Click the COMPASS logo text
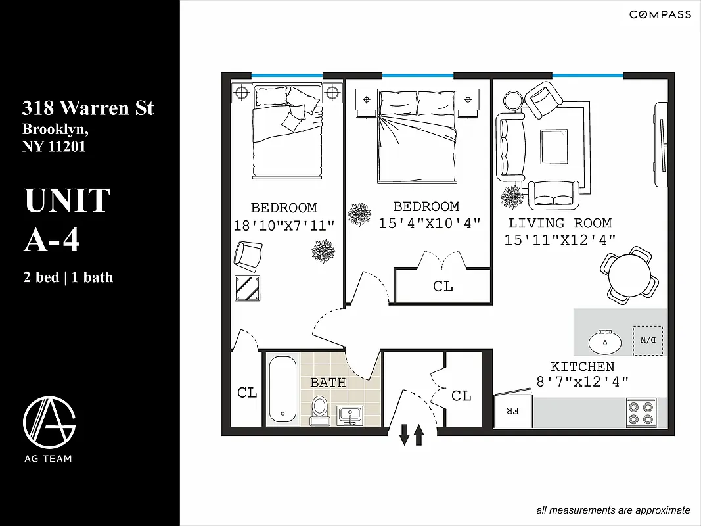pos(660,14)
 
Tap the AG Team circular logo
pos(49,421)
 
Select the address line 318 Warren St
pos(88,108)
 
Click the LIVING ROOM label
pos(560,224)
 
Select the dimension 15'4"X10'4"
pos(430,224)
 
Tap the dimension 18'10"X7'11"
pos(284,226)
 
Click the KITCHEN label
pos(583,367)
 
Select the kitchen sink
pos(605,341)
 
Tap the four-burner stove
pos(641,412)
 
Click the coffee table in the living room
pos(554,147)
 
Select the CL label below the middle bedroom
pos(443,287)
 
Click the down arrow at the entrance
pos(404,435)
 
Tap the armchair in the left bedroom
pos(249,256)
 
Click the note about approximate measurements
pos(613,510)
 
